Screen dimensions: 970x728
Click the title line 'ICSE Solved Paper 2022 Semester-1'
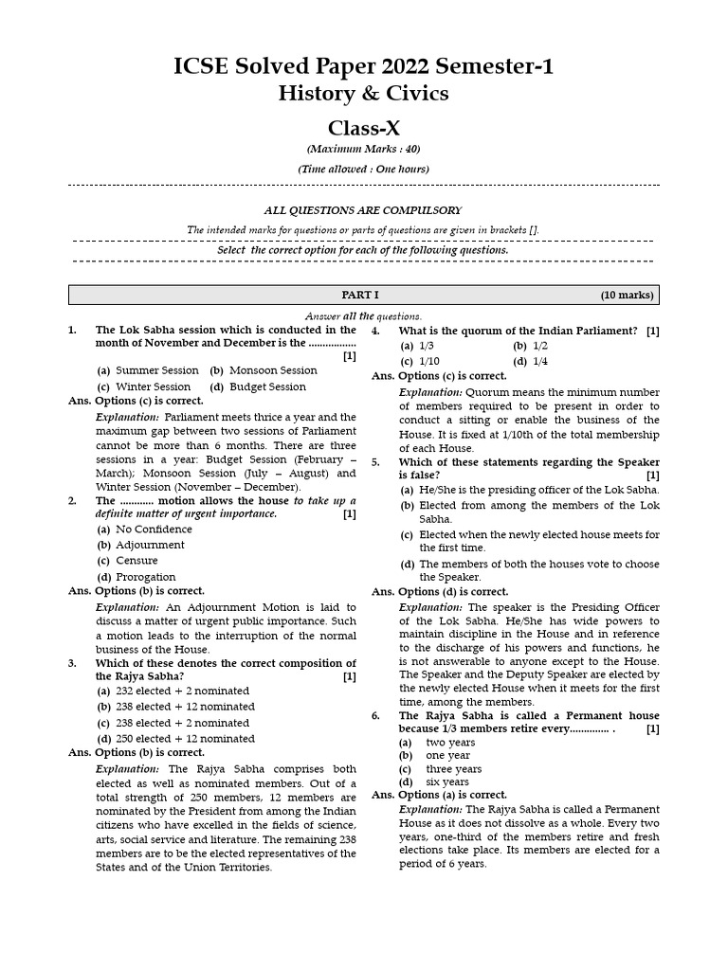coord(363,66)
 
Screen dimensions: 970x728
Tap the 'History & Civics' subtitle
coord(363,94)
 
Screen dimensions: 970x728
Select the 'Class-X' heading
coord(363,128)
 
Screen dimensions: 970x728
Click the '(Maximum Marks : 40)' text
coord(363,150)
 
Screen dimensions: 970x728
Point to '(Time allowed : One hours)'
coord(363,169)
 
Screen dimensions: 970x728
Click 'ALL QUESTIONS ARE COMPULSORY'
coord(363,210)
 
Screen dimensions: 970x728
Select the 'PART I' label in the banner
coord(360,295)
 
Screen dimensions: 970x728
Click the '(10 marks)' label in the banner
coord(627,295)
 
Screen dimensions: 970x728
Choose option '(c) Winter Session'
coord(144,386)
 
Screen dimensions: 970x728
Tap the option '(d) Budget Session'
coord(258,386)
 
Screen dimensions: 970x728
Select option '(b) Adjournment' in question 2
coord(141,545)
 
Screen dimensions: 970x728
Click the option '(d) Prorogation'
coord(136,577)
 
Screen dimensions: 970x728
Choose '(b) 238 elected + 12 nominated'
coord(175,707)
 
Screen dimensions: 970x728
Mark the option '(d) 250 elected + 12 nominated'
coord(175,739)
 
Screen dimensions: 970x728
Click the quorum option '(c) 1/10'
coord(420,361)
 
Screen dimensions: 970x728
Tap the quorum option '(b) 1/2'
coord(531,346)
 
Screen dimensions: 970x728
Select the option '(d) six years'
coord(434,781)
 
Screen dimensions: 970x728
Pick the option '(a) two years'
coord(437,743)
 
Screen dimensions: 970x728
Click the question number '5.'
coord(376,462)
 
